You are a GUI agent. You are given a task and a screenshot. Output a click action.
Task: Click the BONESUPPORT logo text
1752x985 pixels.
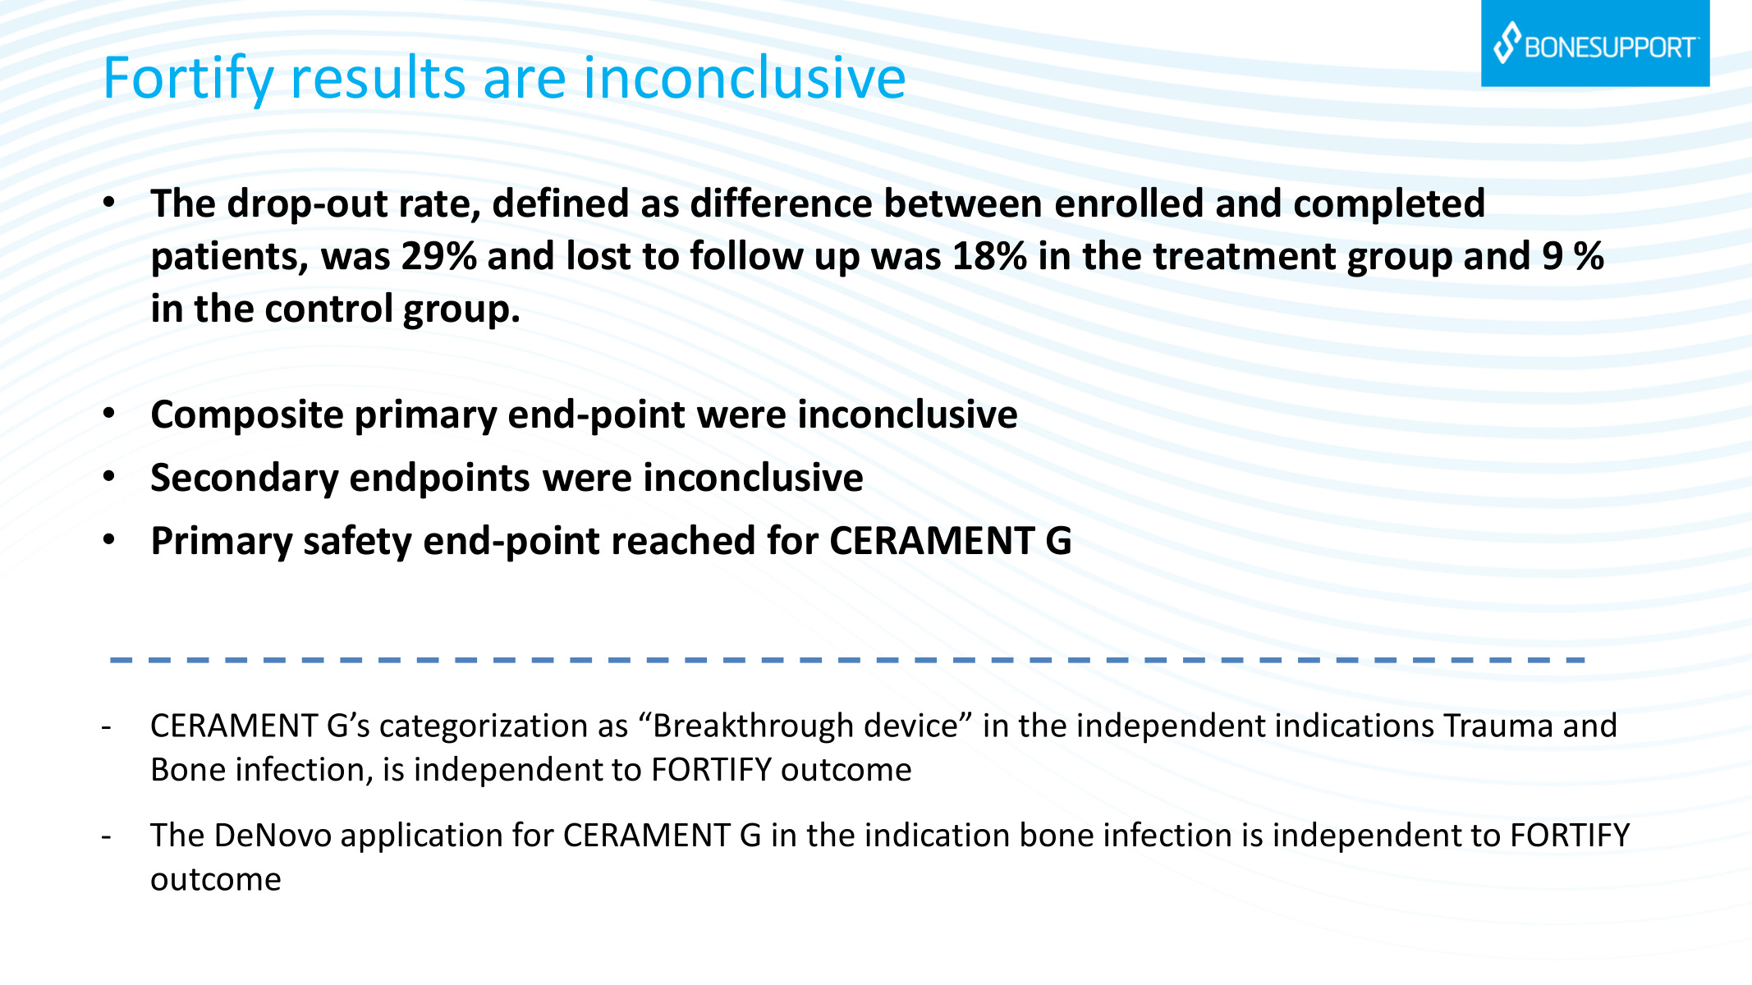pyautogui.click(x=1611, y=48)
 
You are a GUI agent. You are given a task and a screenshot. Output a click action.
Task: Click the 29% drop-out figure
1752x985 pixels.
pyautogui.click(x=439, y=256)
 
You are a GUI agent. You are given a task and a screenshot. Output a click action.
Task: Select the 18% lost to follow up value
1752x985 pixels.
pyautogui.click(x=990, y=256)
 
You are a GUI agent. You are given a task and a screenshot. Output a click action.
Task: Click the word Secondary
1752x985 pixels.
pyautogui.click(x=244, y=479)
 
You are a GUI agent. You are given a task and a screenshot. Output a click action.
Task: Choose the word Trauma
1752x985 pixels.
pyautogui.click(x=1498, y=726)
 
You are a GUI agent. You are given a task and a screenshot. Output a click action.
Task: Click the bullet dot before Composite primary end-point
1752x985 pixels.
pyautogui.click(x=109, y=414)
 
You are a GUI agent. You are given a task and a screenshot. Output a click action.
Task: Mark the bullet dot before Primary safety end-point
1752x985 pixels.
pyautogui.click(x=109, y=540)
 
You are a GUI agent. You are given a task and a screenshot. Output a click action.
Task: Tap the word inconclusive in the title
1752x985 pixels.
pyautogui.click(x=745, y=78)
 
